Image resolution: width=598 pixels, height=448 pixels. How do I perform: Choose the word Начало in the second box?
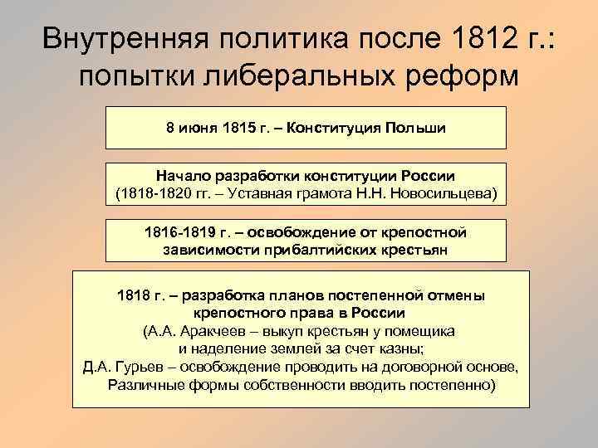182,178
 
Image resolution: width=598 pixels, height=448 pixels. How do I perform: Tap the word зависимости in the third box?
208,250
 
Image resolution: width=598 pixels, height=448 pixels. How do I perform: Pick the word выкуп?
292,330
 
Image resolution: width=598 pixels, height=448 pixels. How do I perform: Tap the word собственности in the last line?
296,384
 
